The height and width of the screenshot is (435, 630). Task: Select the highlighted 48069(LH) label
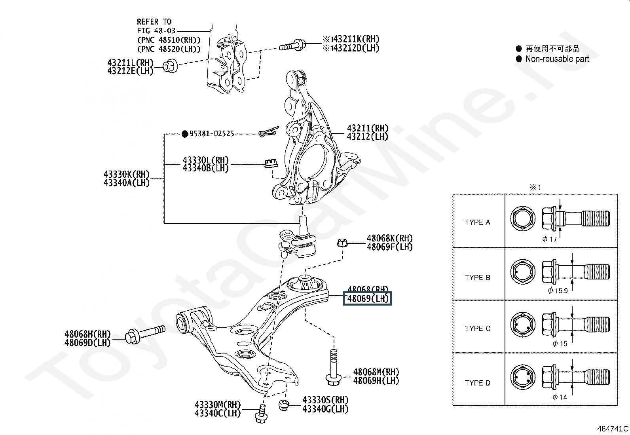367,298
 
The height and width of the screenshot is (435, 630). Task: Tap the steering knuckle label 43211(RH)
367,128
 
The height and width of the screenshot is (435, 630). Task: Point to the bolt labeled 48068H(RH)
145,334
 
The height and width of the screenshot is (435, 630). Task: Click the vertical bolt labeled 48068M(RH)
333,366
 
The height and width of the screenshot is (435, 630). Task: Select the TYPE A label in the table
477,222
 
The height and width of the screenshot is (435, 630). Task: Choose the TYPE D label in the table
477,383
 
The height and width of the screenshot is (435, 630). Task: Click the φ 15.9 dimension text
558,291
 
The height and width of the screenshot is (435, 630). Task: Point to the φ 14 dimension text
560,397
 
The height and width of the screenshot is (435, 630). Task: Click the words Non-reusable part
557,59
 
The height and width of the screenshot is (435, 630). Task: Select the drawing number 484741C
613,429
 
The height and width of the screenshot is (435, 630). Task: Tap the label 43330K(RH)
127,175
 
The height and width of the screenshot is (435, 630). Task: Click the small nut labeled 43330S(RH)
283,405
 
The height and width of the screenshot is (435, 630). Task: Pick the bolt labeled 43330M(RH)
261,414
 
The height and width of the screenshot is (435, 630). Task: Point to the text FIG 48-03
156,30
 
